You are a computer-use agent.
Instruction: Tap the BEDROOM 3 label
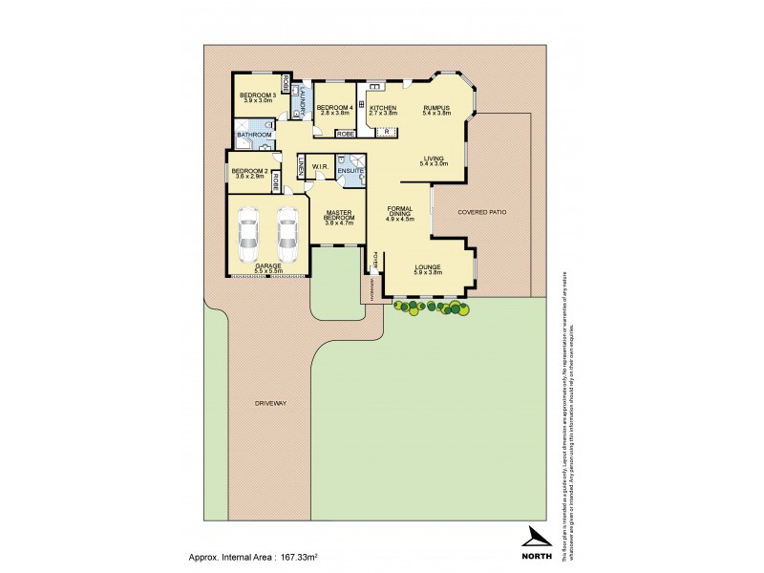[x=258, y=95]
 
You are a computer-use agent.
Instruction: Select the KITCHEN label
[x=383, y=108]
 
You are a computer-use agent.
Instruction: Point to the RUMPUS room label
[x=437, y=108]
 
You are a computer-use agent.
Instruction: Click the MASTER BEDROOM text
[x=339, y=214]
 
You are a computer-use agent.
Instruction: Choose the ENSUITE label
[x=350, y=170]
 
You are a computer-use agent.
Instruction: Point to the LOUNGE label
[x=428, y=267]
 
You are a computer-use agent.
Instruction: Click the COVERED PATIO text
[x=480, y=212]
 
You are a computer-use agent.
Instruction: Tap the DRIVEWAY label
[x=270, y=403]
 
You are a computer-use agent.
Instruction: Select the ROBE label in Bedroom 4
[x=345, y=135]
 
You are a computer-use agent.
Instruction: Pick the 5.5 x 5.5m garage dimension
[x=267, y=272]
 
